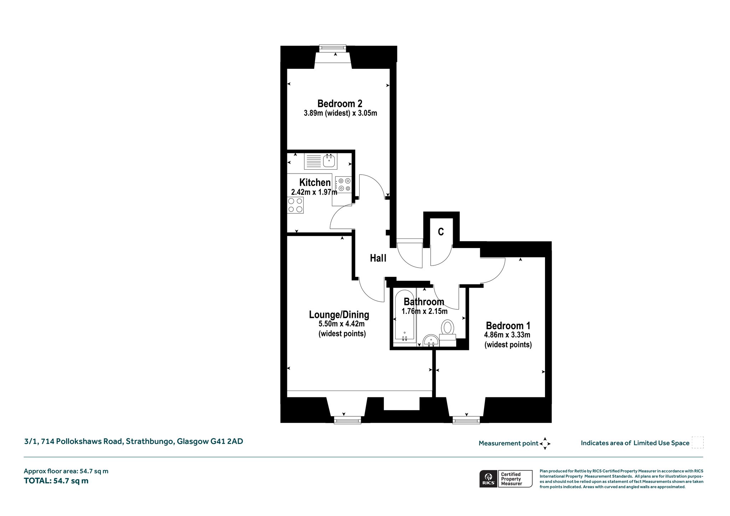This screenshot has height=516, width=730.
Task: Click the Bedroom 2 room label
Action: point(340,104)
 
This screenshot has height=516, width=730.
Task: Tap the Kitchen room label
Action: point(315,182)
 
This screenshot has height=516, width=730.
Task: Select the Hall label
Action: point(378,258)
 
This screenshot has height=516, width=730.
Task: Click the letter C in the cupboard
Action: point(441,232)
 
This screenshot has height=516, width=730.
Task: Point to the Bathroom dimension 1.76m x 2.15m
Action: point(424,311)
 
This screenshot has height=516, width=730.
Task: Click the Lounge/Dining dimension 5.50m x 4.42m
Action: point(341,324)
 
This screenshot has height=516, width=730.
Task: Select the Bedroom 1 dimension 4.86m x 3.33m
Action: point(507,335)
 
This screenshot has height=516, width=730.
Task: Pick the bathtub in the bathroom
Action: point(404,317)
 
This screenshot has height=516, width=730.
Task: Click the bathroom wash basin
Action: point(431,341)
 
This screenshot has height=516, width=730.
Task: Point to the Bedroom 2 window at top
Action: point(333,48)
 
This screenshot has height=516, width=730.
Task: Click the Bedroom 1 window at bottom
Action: point(466,420)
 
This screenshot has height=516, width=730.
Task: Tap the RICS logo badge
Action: point(506,479)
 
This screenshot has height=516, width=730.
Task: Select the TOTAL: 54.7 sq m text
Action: point(56,481)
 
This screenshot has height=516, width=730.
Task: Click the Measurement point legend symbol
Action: point(545,443)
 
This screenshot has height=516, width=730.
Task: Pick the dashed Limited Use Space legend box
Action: point(698,443)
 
